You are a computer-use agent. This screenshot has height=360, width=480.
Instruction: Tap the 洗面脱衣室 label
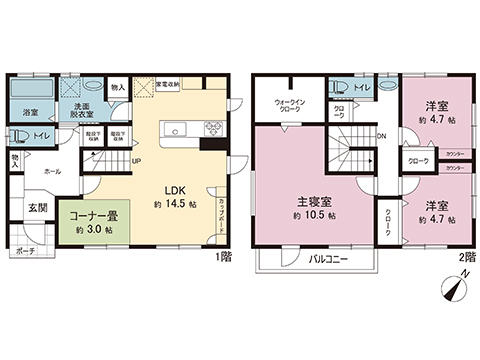pos(76,112)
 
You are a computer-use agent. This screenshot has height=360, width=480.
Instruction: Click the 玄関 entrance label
pos(36,207)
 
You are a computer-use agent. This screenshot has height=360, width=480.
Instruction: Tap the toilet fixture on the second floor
pos(341,86)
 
